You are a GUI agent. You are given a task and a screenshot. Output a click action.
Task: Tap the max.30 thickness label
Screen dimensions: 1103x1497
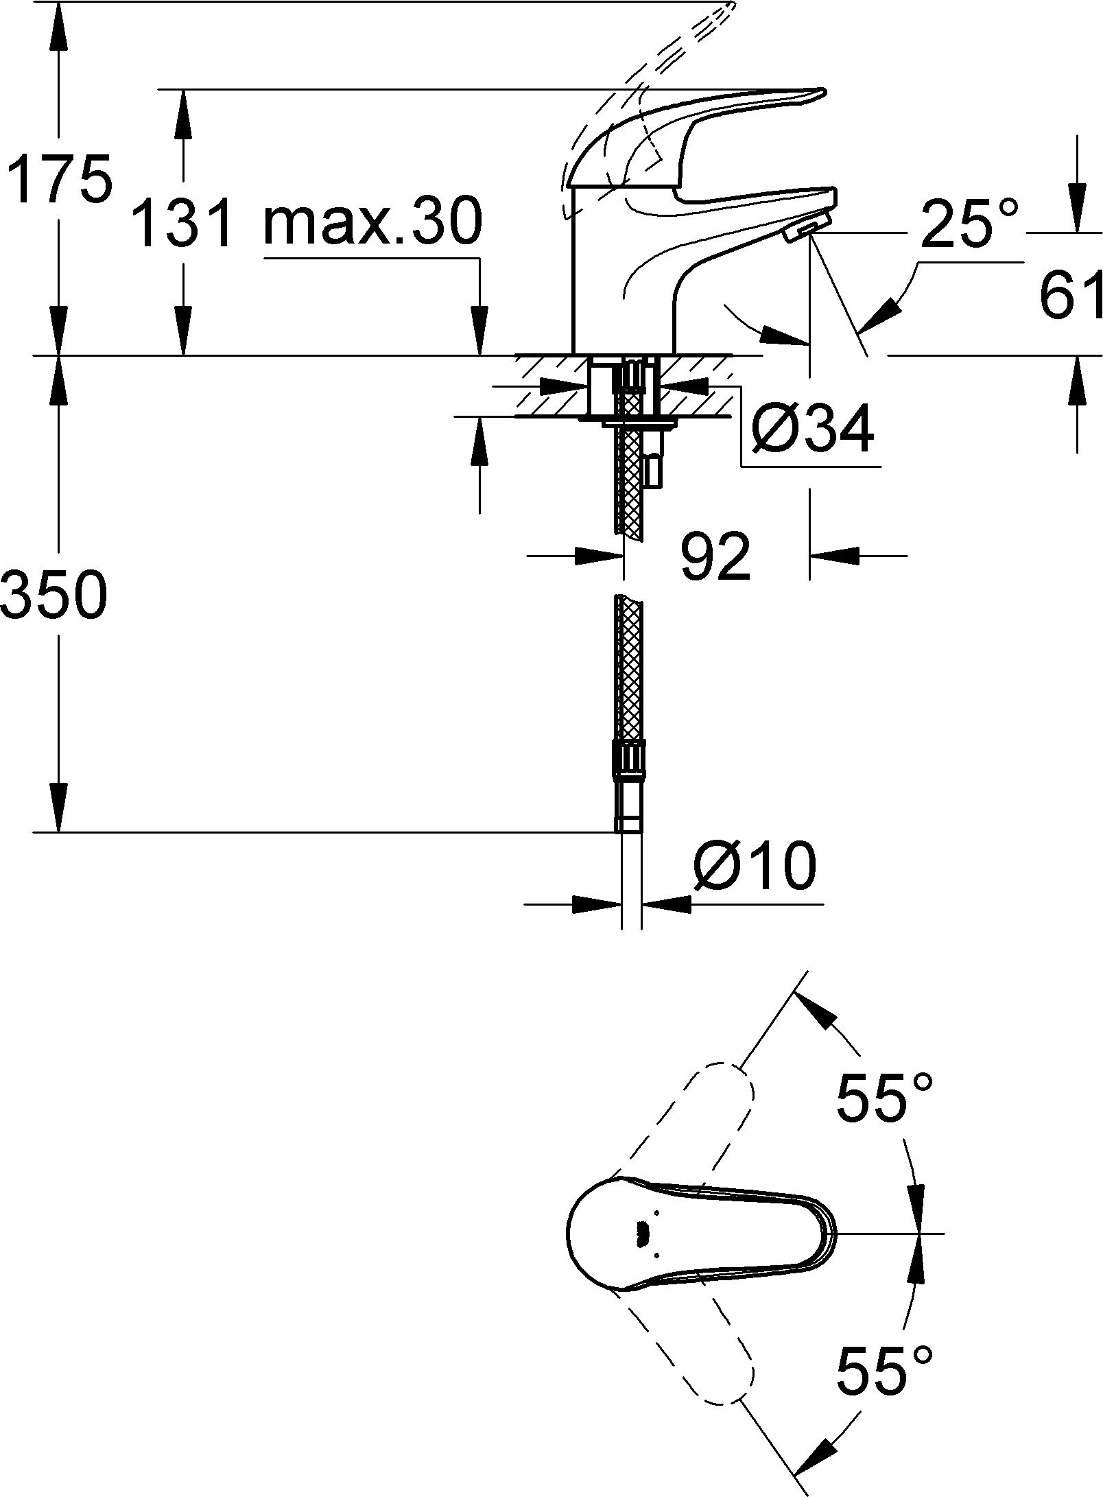coord(372,221)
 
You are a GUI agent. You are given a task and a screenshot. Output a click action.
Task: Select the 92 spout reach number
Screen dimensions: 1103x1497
coord(715,556)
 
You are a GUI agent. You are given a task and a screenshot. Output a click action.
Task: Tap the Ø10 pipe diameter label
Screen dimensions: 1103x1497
coord(755,866)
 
